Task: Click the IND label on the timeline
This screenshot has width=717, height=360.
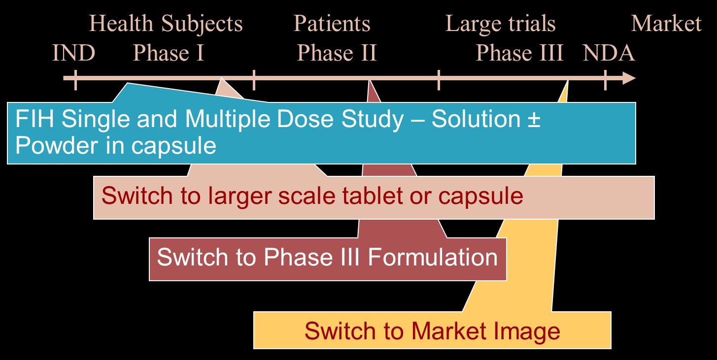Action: pos(73,53)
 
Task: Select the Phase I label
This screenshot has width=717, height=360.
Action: pos(169,53)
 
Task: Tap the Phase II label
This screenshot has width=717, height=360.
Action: pos(337,53)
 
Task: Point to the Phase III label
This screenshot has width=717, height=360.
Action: pos(519,53)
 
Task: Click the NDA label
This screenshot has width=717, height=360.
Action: pos(609,53)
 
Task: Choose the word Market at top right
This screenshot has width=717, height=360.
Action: pos(666,24)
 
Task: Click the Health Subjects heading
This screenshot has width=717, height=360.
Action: pos(167,24)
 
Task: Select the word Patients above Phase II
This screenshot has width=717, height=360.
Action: pos(332,24)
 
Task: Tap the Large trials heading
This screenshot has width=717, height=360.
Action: pos(500,24)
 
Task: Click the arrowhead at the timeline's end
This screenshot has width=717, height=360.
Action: pos(629,78)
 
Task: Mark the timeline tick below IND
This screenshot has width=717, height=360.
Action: pos(75,79)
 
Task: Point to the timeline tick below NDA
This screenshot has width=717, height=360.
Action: pos(605,79)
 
